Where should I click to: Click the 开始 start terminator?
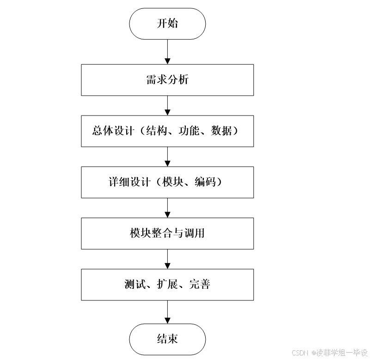pyautogui.click(x=167, y=24)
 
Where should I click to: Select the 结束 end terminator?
pyautogui.click(x=167, y=339)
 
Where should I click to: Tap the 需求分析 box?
pyautogui.click(x=167, y=80)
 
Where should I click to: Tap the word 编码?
pyautogui.click(x=206, y=182)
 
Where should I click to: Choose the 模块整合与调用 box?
pyautogui.click(x=167, y=233)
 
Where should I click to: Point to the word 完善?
pyautogui.click(x=200, y=284)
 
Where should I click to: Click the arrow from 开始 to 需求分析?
pyautogui.click(x=167, y=52)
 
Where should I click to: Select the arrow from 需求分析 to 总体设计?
pyautogui.click(x=167, y=106)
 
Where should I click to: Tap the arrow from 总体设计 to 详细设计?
pyautogui.click(x=167, y=157)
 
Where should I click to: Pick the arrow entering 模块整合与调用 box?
pyautogui.click(x=167, y=207)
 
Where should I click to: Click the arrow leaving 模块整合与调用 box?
pyautogui.click(x=167, y=259)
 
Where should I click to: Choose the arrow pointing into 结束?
pyautogui.click(x=167, y=312)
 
